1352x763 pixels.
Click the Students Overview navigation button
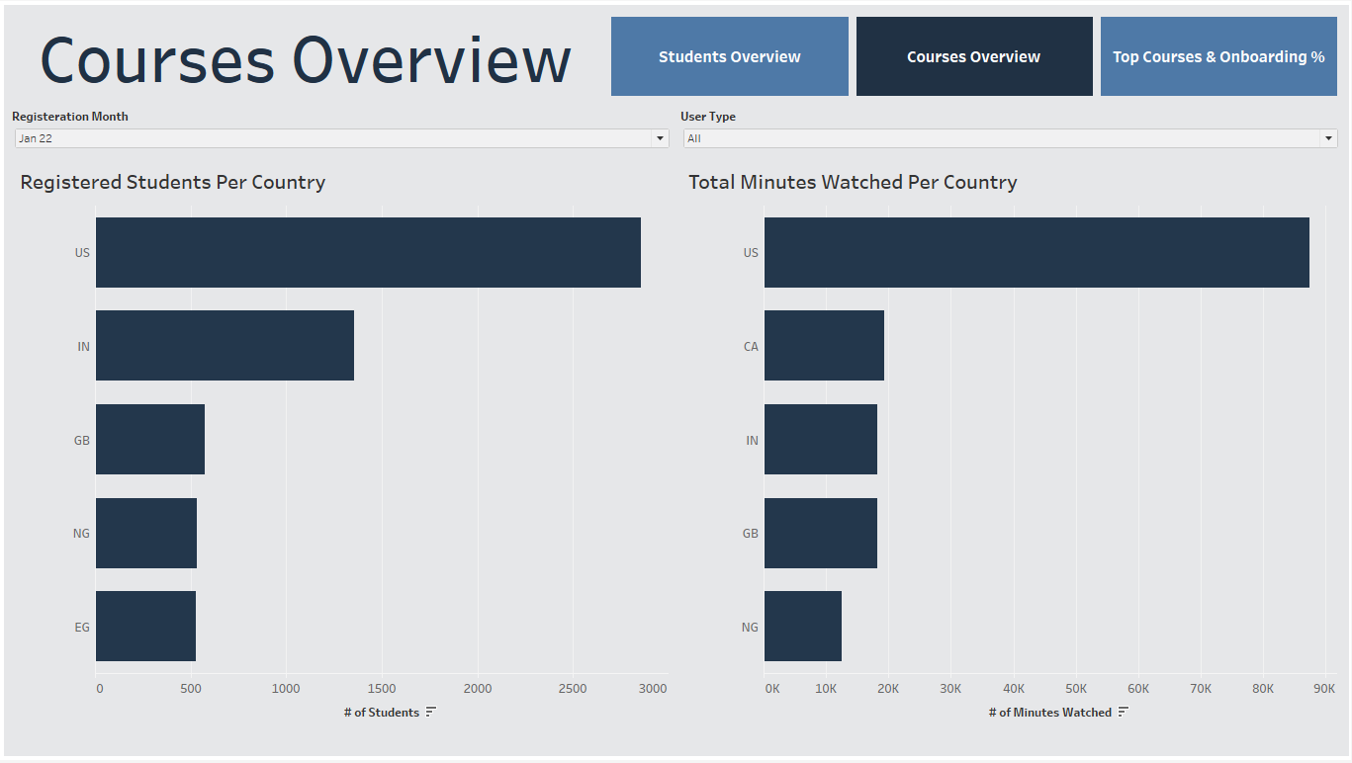(729, 56)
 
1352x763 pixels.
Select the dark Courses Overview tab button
(973, 56)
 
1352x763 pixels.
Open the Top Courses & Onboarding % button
(1217, 56)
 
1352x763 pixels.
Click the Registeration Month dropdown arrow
(660, 138)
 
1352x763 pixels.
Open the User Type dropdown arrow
(1328, 138)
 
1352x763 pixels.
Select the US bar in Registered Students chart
(368, 253)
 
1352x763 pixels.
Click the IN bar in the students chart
(225, 346)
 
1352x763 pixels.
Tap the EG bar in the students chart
(145, 627)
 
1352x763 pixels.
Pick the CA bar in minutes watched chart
(823, 346)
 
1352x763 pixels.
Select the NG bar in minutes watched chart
(802, 627)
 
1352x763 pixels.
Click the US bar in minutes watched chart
(1036, 253)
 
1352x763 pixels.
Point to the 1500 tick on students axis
(382, 689)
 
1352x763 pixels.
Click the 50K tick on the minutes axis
(1076, 689)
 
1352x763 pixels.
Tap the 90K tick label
(1324, 689)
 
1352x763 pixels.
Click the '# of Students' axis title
(382, 713)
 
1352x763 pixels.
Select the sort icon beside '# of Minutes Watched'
(1123, 713)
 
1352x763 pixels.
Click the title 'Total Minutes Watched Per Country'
(852, 182)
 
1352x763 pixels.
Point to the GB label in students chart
(81, 441)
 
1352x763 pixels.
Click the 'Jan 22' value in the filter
(36, 138)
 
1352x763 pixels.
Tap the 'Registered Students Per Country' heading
(172, 182)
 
